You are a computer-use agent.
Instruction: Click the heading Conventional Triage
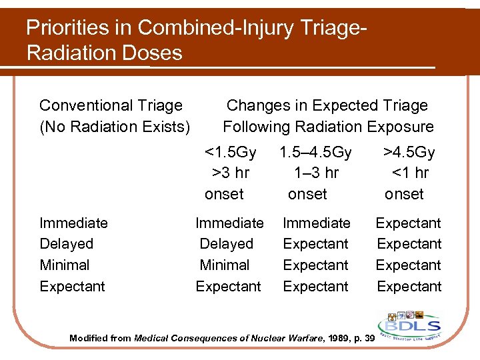[111, 105]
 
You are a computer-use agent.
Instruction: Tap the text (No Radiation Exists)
[115, 127]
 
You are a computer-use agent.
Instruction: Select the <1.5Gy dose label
[230, 152]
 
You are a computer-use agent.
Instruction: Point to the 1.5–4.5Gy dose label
[315, 152]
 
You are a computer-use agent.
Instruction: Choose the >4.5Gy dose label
[409, 152]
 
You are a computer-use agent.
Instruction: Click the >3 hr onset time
[231, 173]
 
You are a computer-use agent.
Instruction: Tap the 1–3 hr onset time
[316, 173]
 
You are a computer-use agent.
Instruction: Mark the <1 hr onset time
[409, 173]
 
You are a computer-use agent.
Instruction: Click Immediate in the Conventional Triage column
[73, 223]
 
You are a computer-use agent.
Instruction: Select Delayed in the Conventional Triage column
[66, 244]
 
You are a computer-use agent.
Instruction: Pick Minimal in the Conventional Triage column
[64, 265]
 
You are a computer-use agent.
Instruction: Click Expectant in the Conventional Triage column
[72, 287]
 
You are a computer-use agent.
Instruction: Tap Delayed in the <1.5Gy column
[227, 244]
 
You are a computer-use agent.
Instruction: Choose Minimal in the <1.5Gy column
[225, 265]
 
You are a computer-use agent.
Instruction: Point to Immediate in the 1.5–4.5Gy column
[317, 223]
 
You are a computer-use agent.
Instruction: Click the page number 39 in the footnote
[368, 339]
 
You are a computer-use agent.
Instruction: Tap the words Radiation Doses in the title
[105, 53]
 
